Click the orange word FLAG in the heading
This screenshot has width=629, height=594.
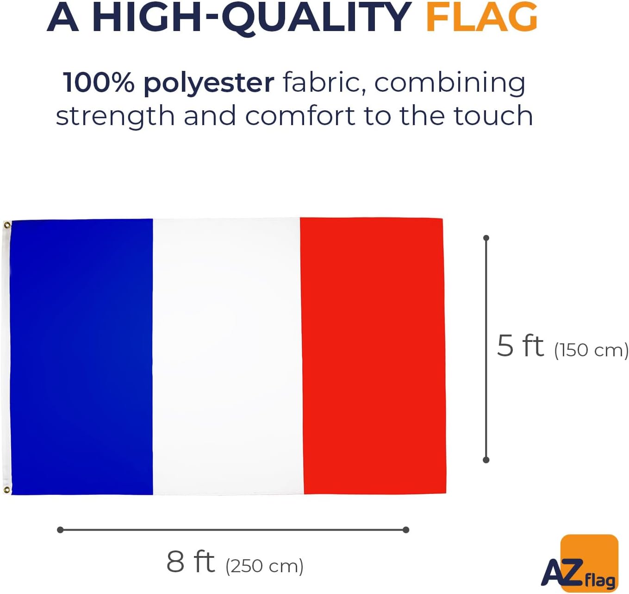[481, 18]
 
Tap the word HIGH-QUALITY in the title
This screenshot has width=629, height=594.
[251, 19]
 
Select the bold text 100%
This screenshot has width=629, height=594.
[99, 82]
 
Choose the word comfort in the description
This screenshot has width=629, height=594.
[300, 116]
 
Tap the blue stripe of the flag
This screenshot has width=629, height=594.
[81, 357]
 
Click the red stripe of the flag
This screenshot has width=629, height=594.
[373, 355]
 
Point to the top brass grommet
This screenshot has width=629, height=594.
[6, 225]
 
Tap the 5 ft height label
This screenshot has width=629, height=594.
[520, 345]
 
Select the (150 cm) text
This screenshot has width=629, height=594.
[592, 350]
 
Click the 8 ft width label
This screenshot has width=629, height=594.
[191, 562]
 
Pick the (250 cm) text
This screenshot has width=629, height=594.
[264, 566]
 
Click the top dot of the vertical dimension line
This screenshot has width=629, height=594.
[486, 238]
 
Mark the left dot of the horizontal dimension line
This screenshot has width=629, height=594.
[61, 530]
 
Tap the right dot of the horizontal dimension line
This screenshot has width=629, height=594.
[406, 530]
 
